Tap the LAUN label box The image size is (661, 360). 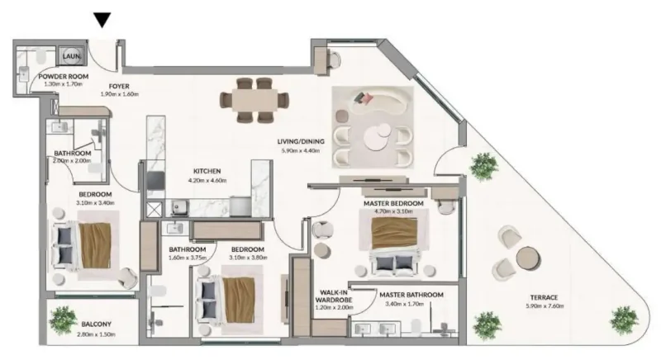70,56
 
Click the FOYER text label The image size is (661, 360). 117,85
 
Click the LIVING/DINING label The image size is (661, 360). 301,141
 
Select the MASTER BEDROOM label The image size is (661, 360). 393,203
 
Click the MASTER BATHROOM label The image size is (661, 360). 411,295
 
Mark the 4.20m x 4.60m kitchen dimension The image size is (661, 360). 206,180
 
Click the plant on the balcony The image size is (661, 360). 62,317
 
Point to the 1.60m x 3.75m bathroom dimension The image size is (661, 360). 188,258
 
